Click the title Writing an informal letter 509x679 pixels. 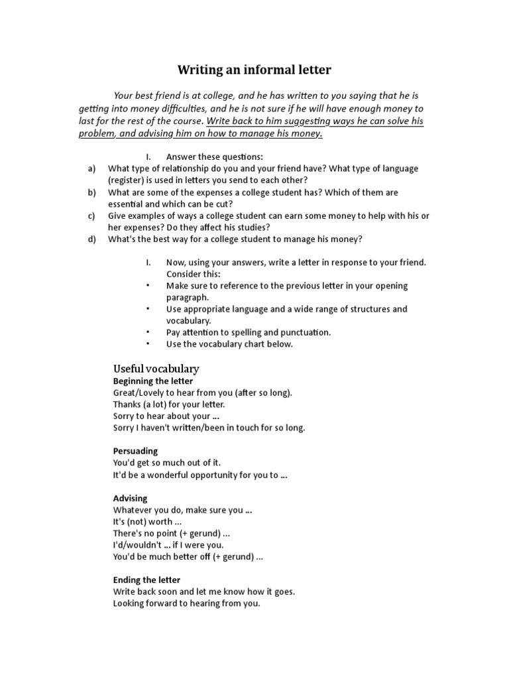pyautogui.click(x=254, y=70)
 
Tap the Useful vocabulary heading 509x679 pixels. pyautogui.click(x=156, y=369)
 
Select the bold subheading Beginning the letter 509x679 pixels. pyautogui.click(x=153, y=381)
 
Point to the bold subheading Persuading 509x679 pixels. pyautogui.click(x=135, y=451)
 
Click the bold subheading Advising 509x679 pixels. pyautogui.click(x=130, y=498)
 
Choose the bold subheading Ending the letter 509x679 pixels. pyautogui.click(x=146, y=580)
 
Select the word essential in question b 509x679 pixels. pyautogui.click(x=127, y=204)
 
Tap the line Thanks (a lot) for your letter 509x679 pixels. pyautogui.click(x=169, y=404)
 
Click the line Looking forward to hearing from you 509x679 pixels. pyautogui.click(x=186, y=604)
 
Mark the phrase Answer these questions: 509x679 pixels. pyautogui.click(x=215, y=157)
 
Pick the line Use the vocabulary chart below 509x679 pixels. pyautogui.click(x=229, y=344)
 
